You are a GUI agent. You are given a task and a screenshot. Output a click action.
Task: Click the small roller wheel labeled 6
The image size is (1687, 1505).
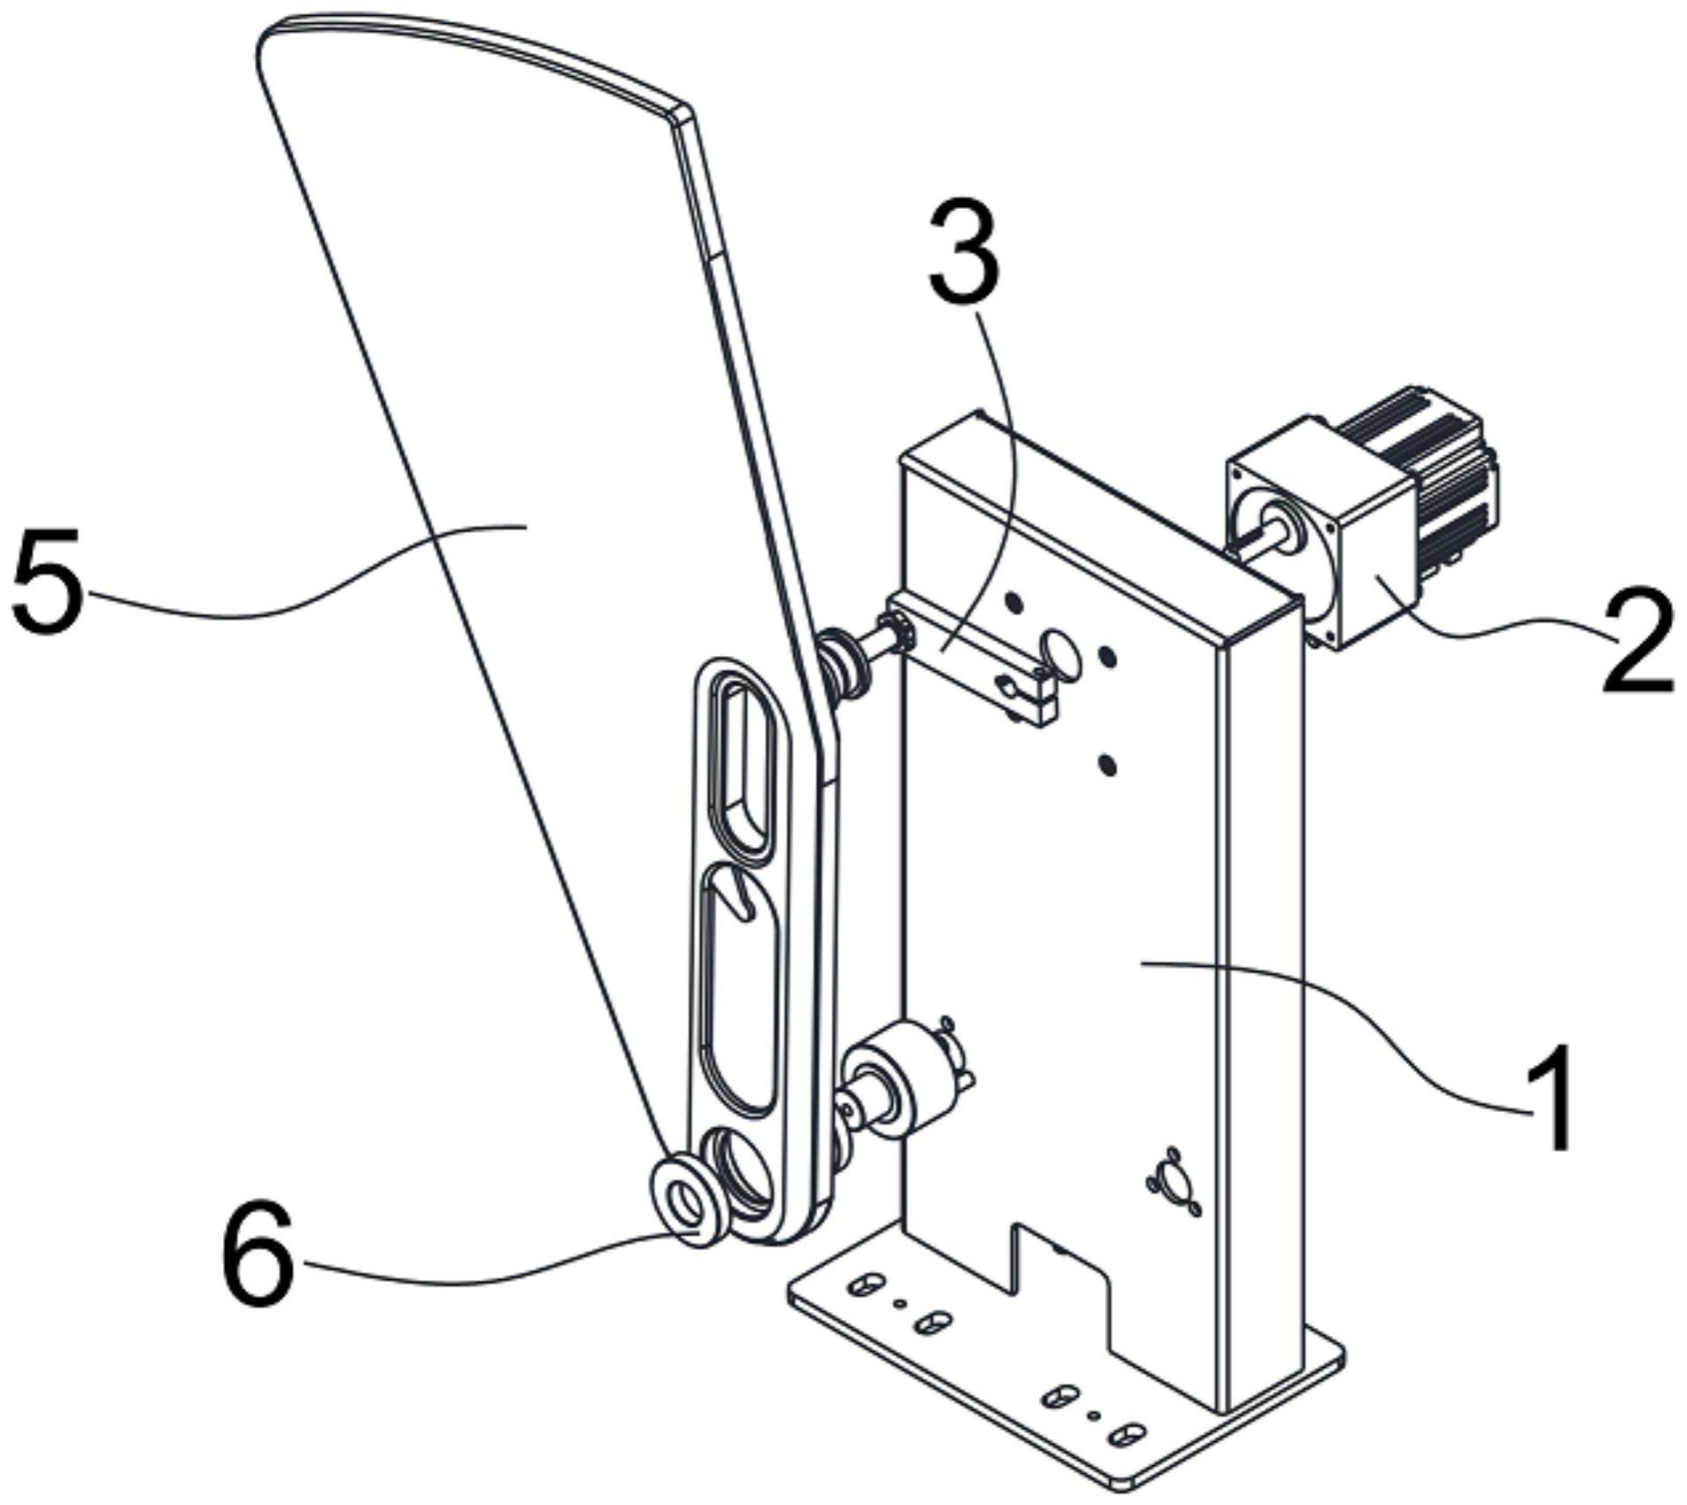pos(689,1200)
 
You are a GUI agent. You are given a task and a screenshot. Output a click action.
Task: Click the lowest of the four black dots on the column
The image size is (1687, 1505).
pos(1105,762)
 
